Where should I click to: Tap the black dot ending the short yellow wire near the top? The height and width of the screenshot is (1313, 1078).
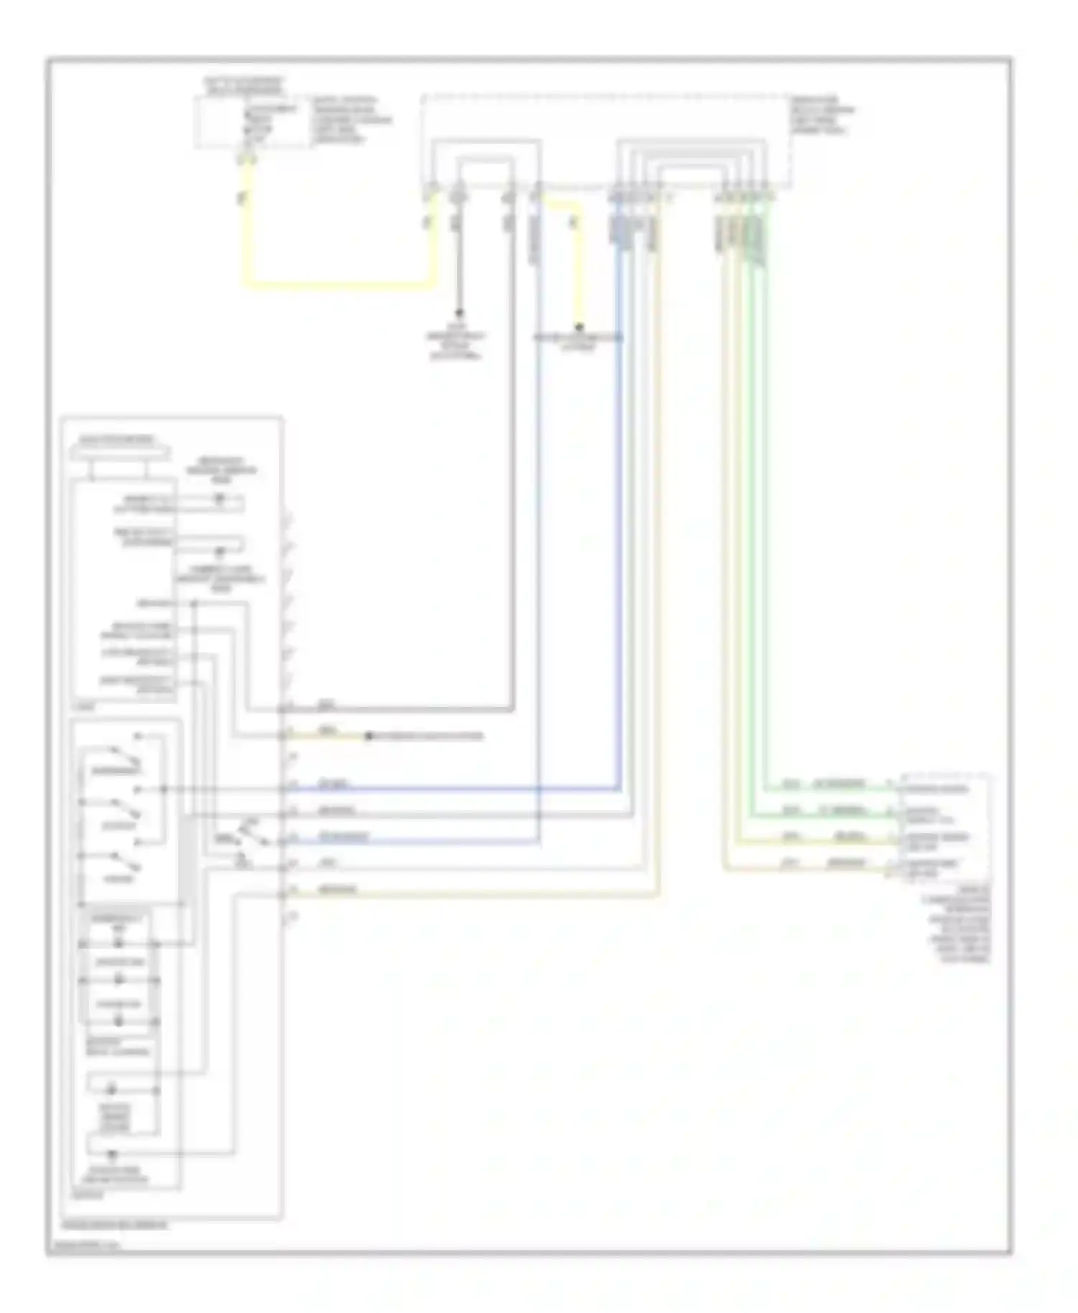click(579, 327)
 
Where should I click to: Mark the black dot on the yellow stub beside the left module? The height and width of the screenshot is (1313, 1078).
click(369, 736)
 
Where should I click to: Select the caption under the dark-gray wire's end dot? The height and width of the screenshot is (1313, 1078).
click(457, 345)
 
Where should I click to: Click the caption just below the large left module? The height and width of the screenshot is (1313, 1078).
click(115, 1224)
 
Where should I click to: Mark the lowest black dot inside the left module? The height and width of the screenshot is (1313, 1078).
click(112, 1154)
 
